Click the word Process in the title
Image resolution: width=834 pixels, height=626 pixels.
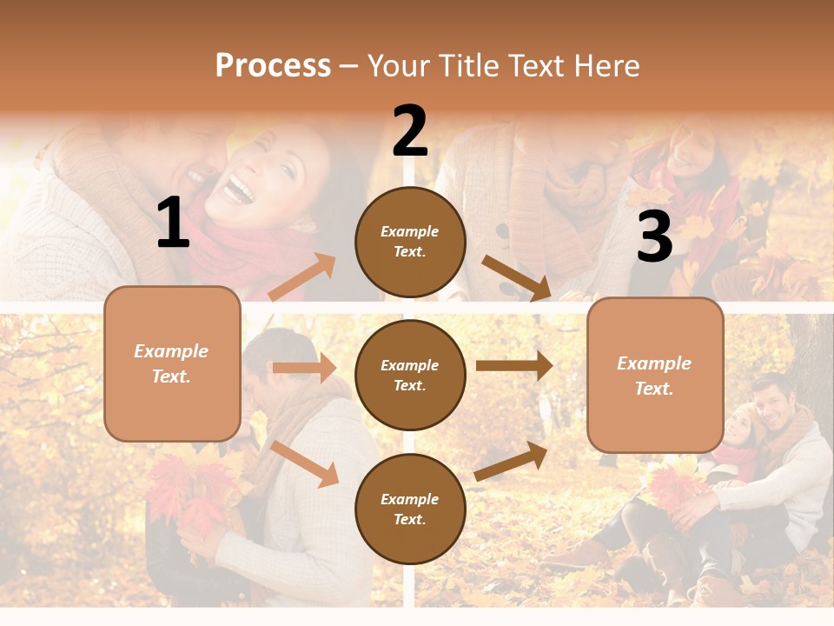pos(273,66)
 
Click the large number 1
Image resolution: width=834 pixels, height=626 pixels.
pos(173,223)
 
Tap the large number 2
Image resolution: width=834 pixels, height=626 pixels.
pos(410,131)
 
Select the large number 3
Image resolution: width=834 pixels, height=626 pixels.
pos(654,237)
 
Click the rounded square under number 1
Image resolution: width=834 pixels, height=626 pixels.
pos(172,363)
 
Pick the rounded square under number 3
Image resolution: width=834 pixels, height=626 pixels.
pos(655,375)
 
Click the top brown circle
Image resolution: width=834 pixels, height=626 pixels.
pos(410,242)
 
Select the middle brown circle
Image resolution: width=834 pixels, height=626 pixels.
pos(410,375)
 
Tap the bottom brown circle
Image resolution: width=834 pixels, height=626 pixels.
pos(410,509)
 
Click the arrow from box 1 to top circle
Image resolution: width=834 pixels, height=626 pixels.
pos(302,277)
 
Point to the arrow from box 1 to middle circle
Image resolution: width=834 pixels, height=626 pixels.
pos(304,368)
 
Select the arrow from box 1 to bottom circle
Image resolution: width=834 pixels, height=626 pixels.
pos(305,463)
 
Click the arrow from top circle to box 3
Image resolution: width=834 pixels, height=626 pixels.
pos(517,278)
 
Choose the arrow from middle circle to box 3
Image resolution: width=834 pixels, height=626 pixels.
pos(514,366)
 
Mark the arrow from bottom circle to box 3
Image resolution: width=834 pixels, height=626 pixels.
pos(512,461)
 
